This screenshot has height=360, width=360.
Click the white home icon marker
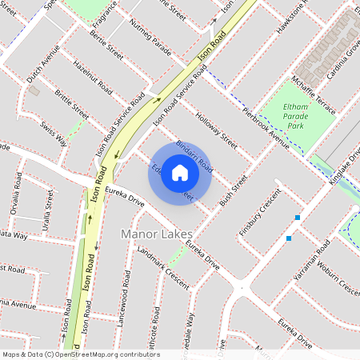tap(180, 173)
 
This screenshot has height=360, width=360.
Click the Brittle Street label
tap(71, 105)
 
